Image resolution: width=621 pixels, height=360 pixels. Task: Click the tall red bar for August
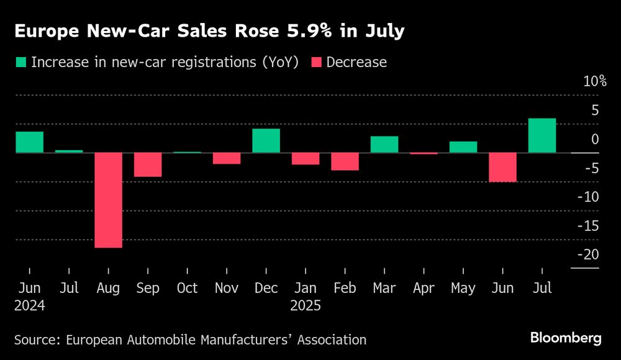(108, 200)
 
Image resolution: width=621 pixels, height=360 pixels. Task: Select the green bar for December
(266, 140)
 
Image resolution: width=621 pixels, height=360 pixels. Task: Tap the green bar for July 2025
(542, 135)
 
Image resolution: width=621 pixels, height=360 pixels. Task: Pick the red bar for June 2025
(502, 167)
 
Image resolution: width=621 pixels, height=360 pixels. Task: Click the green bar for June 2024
(29, 142)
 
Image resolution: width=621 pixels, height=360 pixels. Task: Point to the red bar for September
(148, 164)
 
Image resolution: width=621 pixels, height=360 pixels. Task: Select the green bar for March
(384, 144)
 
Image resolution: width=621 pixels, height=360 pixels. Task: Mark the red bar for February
(345, 161)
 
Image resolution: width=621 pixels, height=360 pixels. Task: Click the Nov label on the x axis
(226, 288)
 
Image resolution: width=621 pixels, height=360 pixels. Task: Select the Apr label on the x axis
(424, 288)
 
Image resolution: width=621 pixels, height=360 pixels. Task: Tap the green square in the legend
(21, 62)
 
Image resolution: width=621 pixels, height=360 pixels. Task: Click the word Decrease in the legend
(356, 62)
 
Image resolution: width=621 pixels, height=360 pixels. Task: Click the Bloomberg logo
(566, 338)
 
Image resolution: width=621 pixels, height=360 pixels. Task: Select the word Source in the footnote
(34, 340)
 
